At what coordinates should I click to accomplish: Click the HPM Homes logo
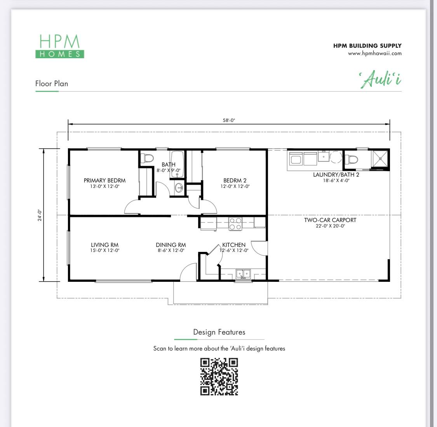click(x=59, y=46)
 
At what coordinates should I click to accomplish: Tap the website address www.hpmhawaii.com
click(x=374, y=53)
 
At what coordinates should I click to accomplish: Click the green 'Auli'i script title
click(x=380, y=80)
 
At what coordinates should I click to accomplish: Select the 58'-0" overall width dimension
click(x=229, y=120)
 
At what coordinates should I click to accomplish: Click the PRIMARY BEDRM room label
click(x=104, y=181)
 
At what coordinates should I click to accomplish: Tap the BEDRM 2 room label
click(x=235, y=181)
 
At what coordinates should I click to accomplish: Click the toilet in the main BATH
click(x=148, y=158)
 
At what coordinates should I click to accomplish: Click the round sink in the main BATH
click(x=179, y=188)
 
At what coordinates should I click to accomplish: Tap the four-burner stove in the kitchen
click(x=235, y=224)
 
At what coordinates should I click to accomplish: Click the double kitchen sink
click(x=244, y=274)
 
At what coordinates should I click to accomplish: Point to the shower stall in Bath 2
click(x=380, y=159)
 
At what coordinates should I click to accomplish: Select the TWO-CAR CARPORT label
click(x=330, y=220)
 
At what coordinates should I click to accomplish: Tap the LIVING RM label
click(x=104, y=245)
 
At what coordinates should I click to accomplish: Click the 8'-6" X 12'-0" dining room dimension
click(x=171, y=250)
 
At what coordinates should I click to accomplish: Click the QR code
click(x=219, y=377)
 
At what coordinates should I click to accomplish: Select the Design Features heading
click(x=219, y=332)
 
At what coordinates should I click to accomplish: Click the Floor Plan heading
click(x=52, y=83)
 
